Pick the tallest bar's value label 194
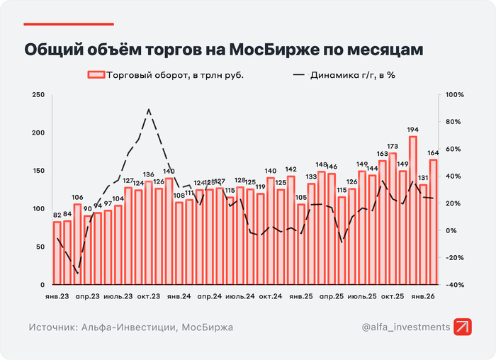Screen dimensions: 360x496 pyautogui.click(x=412, y=130)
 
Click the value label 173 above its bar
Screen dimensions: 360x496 pyautogui.click(x=393, y=147)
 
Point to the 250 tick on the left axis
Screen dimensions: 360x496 pyautogui.click(x=39, y=95)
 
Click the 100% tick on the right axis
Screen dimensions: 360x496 pyautogui.click(x=454, y=95)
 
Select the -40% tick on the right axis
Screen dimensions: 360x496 pyautogui.click(x=454, y=284)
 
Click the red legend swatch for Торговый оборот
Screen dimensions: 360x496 pyautogui.click(x=96, y=74)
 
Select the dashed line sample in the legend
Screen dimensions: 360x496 pyautogui.click(x=298, y=74)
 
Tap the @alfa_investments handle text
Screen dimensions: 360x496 pyautogui.click(x=405, y=327)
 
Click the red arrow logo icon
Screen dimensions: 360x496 pyautogui.click(x=464, y=327)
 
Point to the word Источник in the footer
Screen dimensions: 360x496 pyautogui.click(x=54, y=327)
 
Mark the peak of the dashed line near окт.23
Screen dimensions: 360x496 pyautogui.click(x=148, y=110)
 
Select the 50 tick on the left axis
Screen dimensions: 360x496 pyautogui.click(x=41, y=247)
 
